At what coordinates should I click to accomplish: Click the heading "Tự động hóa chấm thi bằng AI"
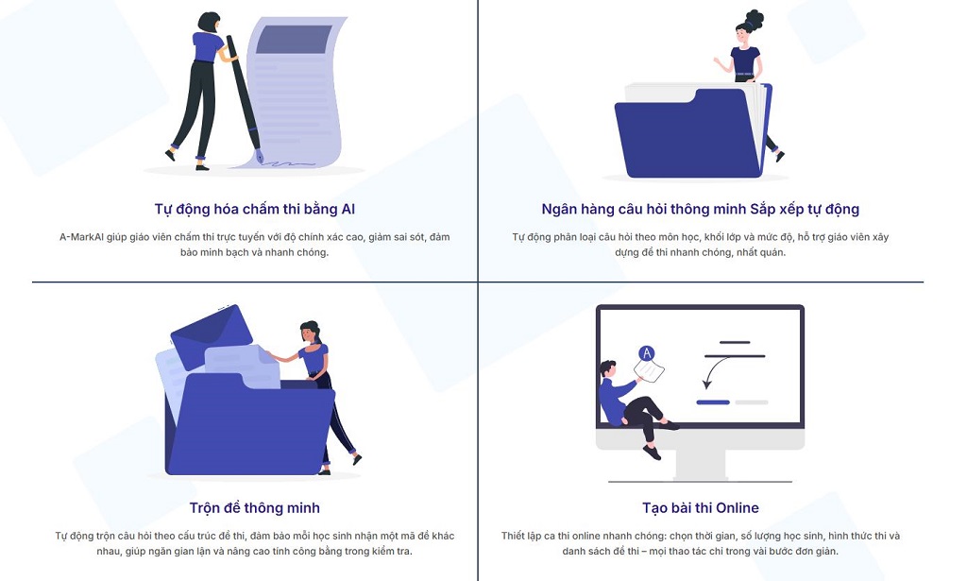point(255,209)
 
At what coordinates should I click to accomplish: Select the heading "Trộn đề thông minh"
point(255,507)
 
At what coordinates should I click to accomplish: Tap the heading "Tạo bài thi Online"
point(701,507)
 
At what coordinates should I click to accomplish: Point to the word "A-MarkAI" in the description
point(81,237)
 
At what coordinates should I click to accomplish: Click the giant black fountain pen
point(245,98)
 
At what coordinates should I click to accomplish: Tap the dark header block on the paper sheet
point(294,39)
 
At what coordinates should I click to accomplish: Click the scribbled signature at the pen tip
point(291,164)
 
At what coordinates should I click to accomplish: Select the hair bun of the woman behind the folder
point(755,19)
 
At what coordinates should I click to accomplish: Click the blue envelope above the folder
point(212,336)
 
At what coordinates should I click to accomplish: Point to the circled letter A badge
point(646,353)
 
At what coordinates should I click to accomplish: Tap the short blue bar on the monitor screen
point(713,402)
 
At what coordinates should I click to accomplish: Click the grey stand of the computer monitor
point(701,464)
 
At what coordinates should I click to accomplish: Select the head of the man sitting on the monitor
point(608,369)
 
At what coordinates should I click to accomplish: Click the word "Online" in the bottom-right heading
point(738,507)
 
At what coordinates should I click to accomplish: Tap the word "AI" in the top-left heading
point(348,209)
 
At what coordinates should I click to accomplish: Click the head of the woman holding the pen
point(209,23)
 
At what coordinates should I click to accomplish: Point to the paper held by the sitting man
point(649,370)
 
